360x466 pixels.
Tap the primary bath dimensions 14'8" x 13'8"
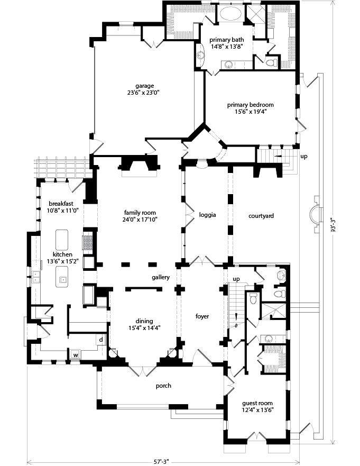click(227, 46)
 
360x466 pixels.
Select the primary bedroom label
click(251, 105)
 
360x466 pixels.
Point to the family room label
click(140, 213)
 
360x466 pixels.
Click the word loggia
click(207, 215)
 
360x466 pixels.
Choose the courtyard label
click(261, 216)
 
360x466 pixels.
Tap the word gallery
click(161, 277)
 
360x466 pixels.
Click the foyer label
click(202, 316)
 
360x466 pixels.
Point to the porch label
click(163, 386)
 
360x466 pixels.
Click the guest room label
click(257, 403)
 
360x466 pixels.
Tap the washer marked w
click(76, 355)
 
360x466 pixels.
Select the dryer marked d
click(101, 340)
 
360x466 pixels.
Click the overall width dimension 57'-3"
click(161, 462)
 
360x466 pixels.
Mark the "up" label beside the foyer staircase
click(236, 279)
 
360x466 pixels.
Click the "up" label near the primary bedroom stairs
click(304, 157)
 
